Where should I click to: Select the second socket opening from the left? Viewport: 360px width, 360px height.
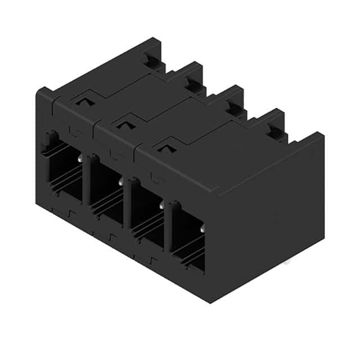(x=103, y=188)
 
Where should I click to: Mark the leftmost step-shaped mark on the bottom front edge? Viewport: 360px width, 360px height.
(x=70, y=214)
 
